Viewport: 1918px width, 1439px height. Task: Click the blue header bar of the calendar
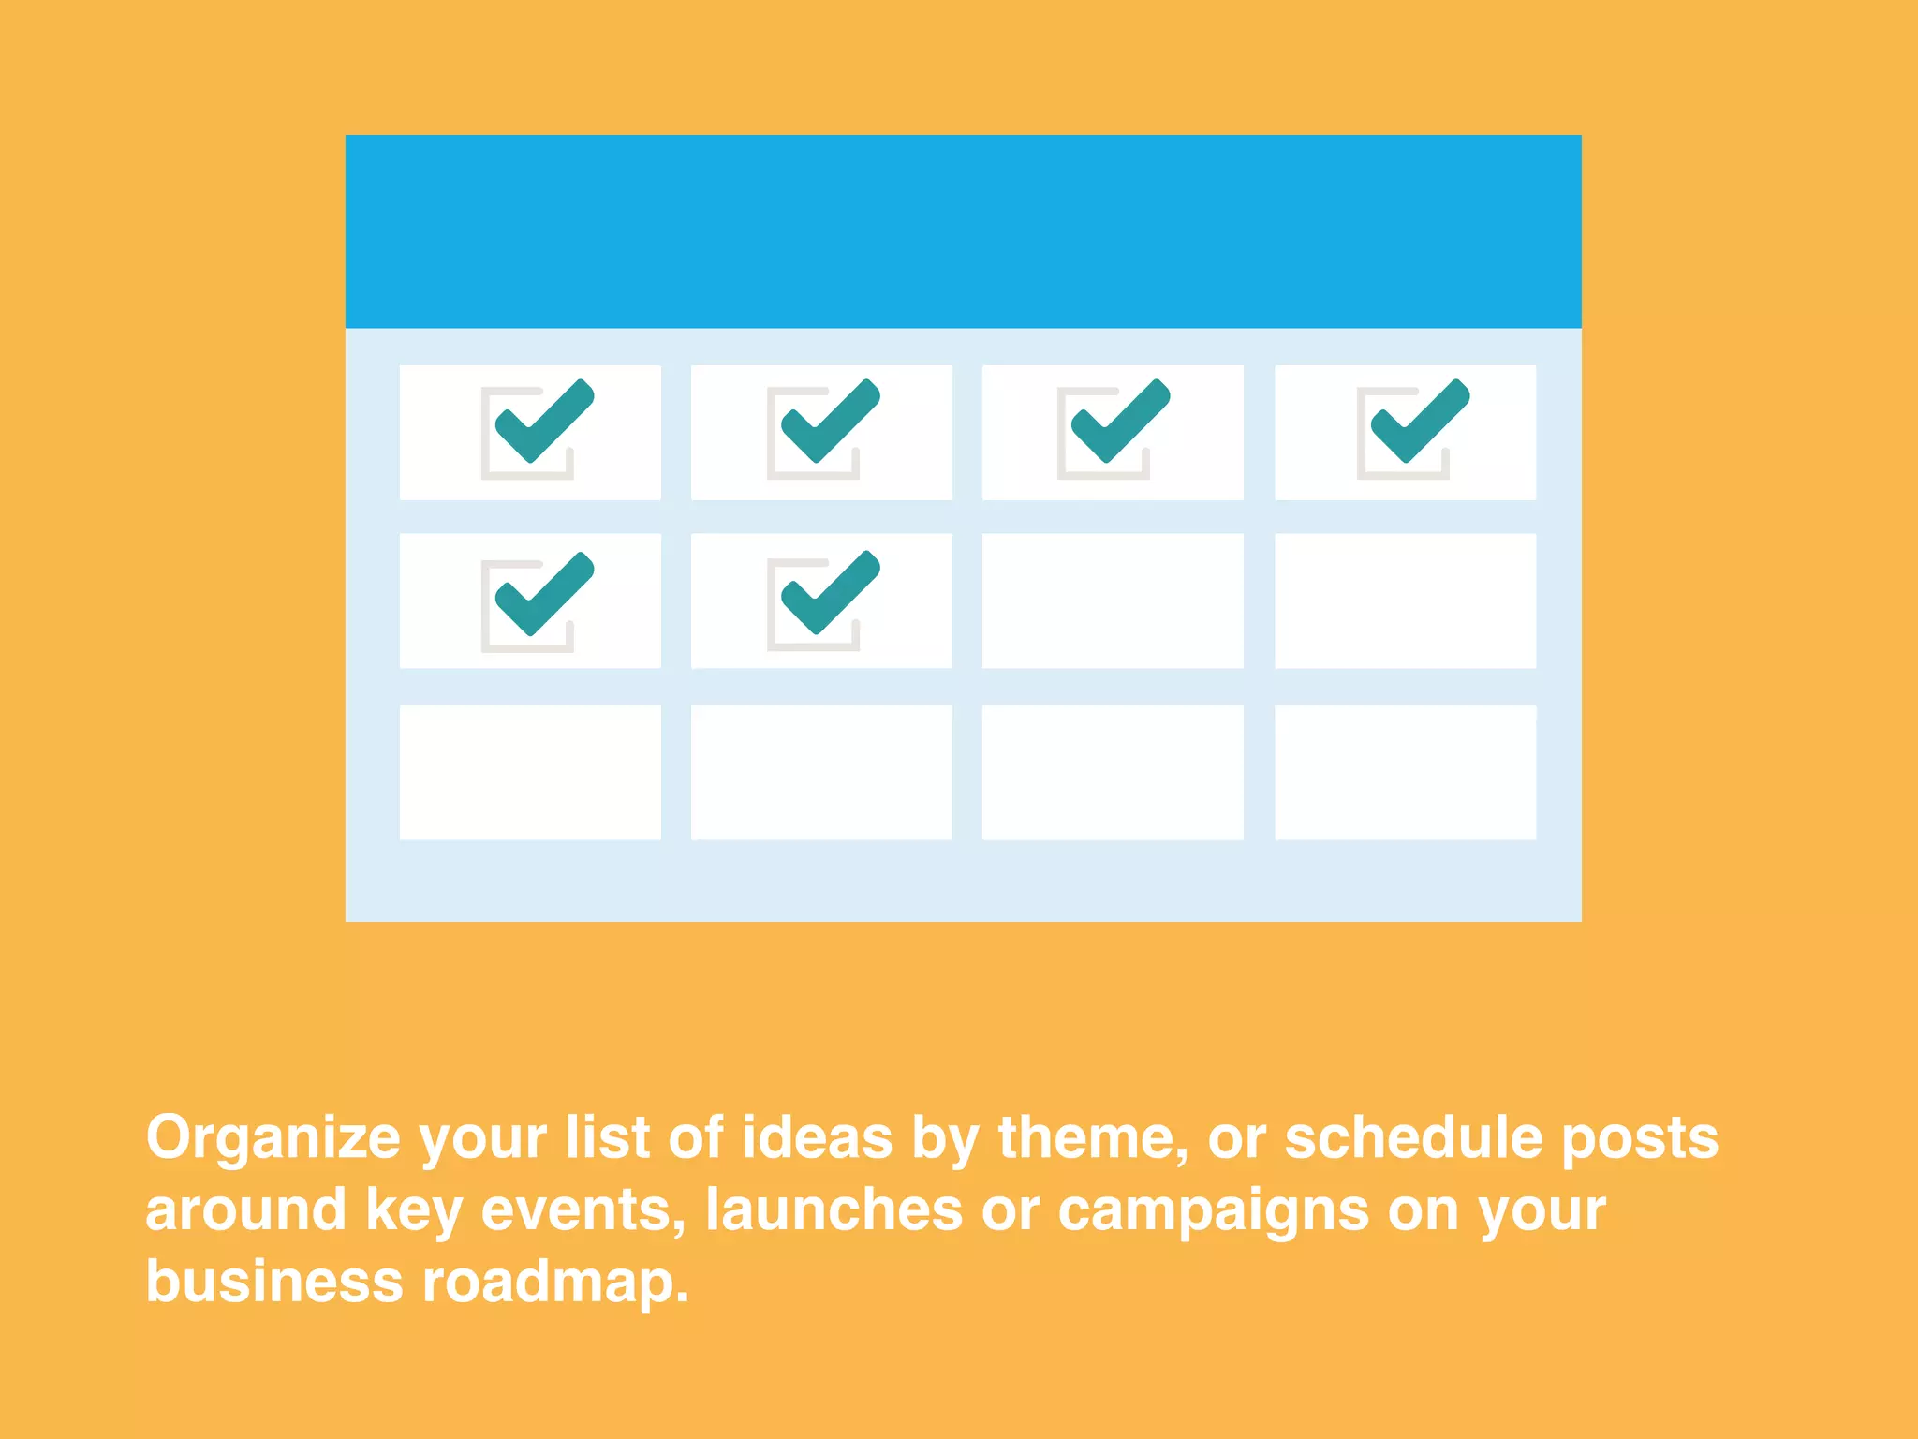pyautogui.click(x=963, y=231)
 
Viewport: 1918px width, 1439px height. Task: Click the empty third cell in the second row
pyautogui.click(x=1113, y=601)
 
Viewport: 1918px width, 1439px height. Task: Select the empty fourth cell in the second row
pyautogui.click(x=1405, y=601)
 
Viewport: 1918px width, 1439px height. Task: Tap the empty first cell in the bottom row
pyautogui.click(x=530, y=772)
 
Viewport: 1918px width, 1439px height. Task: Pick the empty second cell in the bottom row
pyautogui.click(x=821, y=772)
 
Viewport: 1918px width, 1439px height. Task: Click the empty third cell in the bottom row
pyautogui.click(x=1113, y=772)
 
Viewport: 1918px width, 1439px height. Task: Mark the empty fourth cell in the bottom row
pyautogui.click(x=1405, y=772)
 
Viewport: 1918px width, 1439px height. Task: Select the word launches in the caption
pyautogui.click(x=834, y=1210)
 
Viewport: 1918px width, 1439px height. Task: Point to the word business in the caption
pyautogui.click(x=273, y=1283)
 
